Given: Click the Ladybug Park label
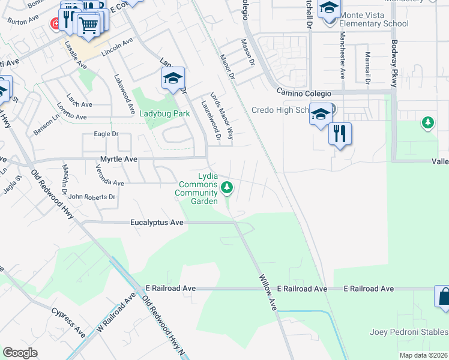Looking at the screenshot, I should [164, 113].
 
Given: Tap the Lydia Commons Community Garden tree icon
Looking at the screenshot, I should [227, 188].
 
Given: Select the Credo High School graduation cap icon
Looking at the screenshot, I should [321, 113].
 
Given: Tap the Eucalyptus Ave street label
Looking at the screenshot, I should [157, 222].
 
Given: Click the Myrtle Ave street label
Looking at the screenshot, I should [118, 159].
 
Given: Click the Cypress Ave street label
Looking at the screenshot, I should [68, 322].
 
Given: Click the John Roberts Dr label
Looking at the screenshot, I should [92, 197].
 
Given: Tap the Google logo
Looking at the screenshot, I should [20, 353].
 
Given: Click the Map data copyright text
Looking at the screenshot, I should [423, 355].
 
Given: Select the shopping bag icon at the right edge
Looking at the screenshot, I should [443, 298].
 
